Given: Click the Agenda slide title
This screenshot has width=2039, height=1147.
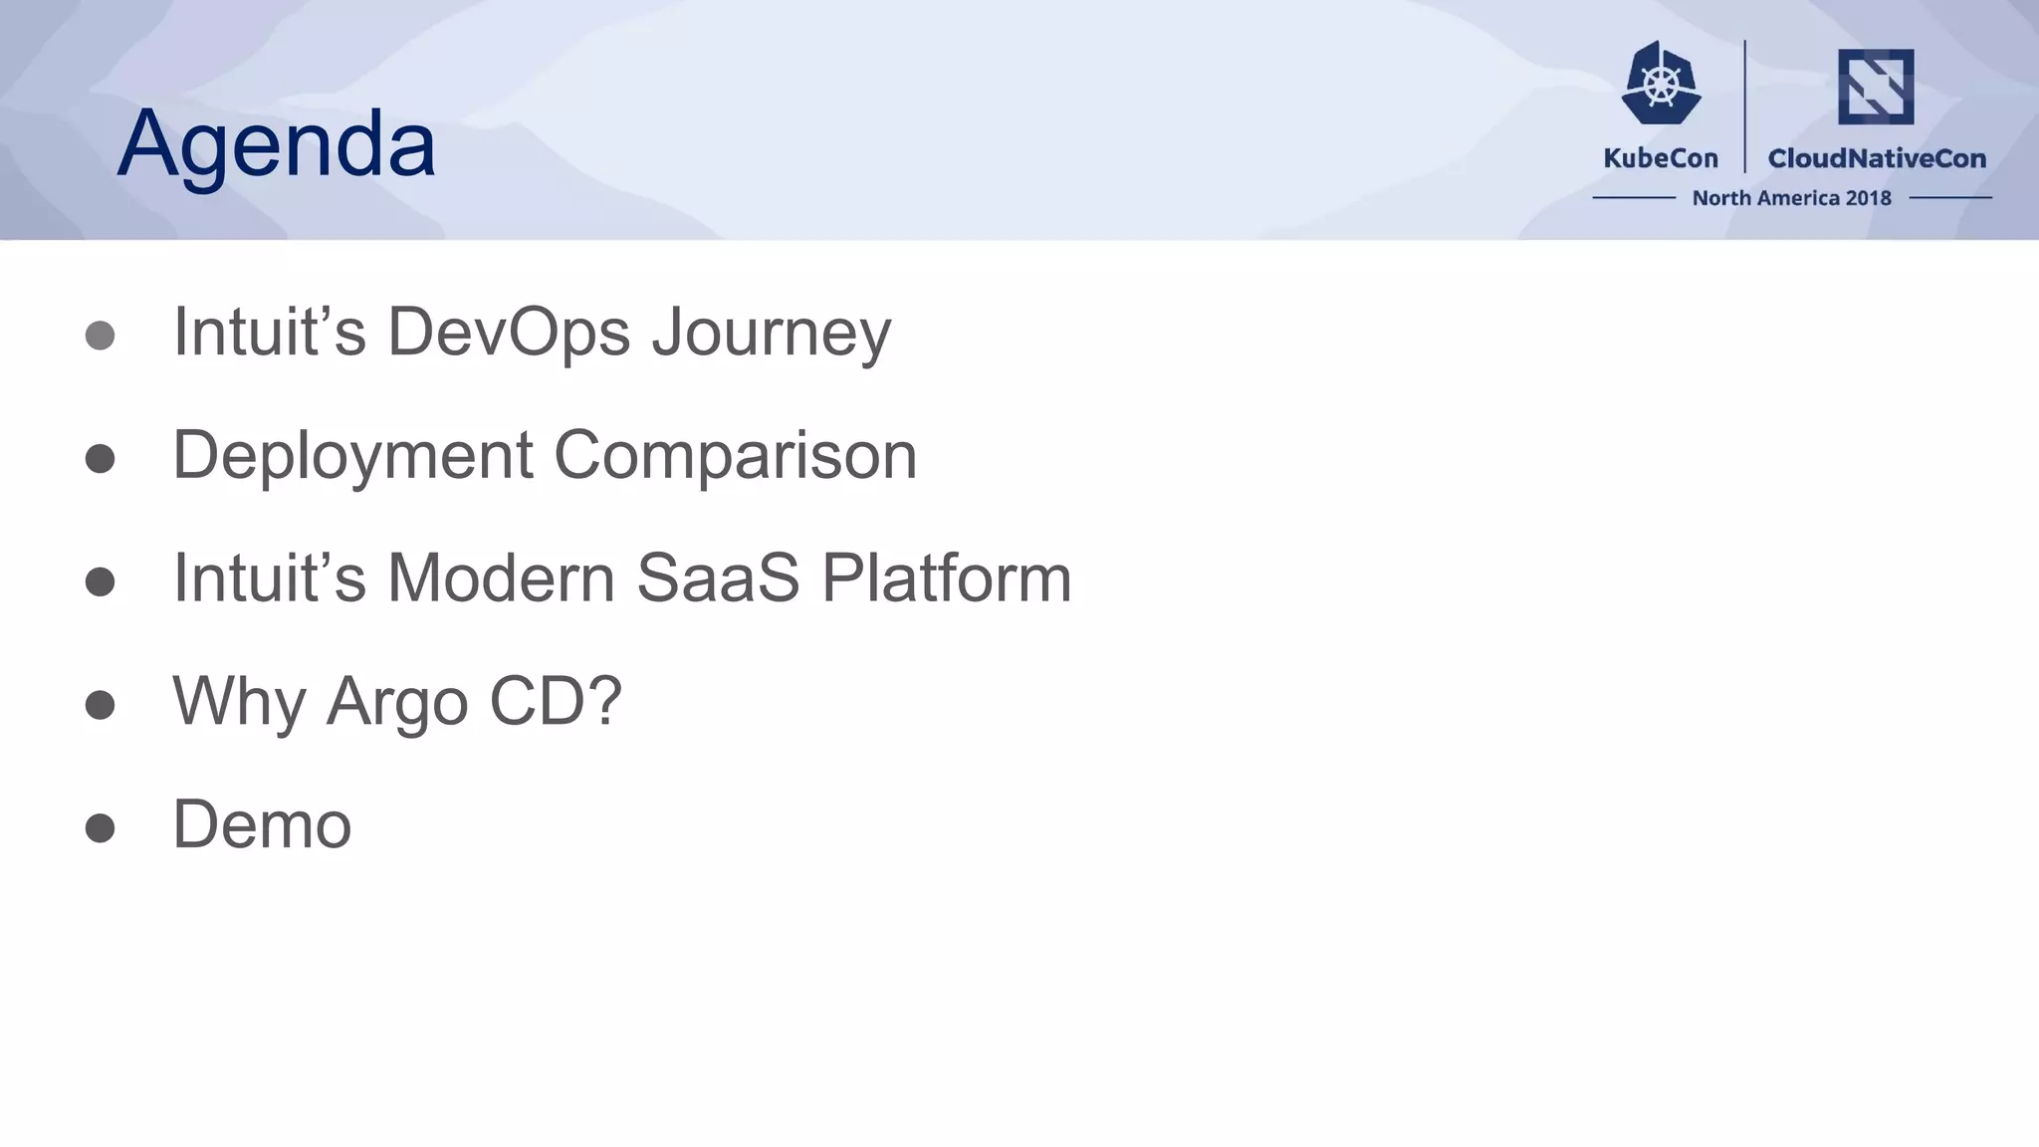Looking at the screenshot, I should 276,144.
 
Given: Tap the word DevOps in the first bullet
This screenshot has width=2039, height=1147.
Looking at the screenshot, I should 508,332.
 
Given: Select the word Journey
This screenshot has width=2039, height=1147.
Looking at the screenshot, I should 772,334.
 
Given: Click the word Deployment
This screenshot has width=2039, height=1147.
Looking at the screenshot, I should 352,456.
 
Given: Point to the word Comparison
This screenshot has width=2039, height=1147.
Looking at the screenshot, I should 735,456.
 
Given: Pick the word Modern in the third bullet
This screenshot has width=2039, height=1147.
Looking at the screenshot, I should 501,577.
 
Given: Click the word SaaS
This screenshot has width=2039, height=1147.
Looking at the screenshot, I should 718,577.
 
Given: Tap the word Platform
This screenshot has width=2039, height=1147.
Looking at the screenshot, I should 946,577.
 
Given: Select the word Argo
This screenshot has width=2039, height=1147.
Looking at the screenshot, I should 397,702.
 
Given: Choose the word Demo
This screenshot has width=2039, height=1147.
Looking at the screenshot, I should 262,824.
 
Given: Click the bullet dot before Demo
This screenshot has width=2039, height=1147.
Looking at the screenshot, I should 100,827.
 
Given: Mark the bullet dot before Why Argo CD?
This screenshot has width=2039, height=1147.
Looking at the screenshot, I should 100,705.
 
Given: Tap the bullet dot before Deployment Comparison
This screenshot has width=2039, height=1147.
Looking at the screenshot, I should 100,459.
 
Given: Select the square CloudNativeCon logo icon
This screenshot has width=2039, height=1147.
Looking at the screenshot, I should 1876,87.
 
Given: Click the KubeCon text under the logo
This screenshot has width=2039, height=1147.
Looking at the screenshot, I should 1661,158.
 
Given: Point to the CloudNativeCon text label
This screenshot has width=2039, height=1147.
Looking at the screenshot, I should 1877,158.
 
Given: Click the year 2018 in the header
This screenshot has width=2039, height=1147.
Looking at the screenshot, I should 1868,198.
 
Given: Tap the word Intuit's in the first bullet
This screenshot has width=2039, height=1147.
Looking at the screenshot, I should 269,332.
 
